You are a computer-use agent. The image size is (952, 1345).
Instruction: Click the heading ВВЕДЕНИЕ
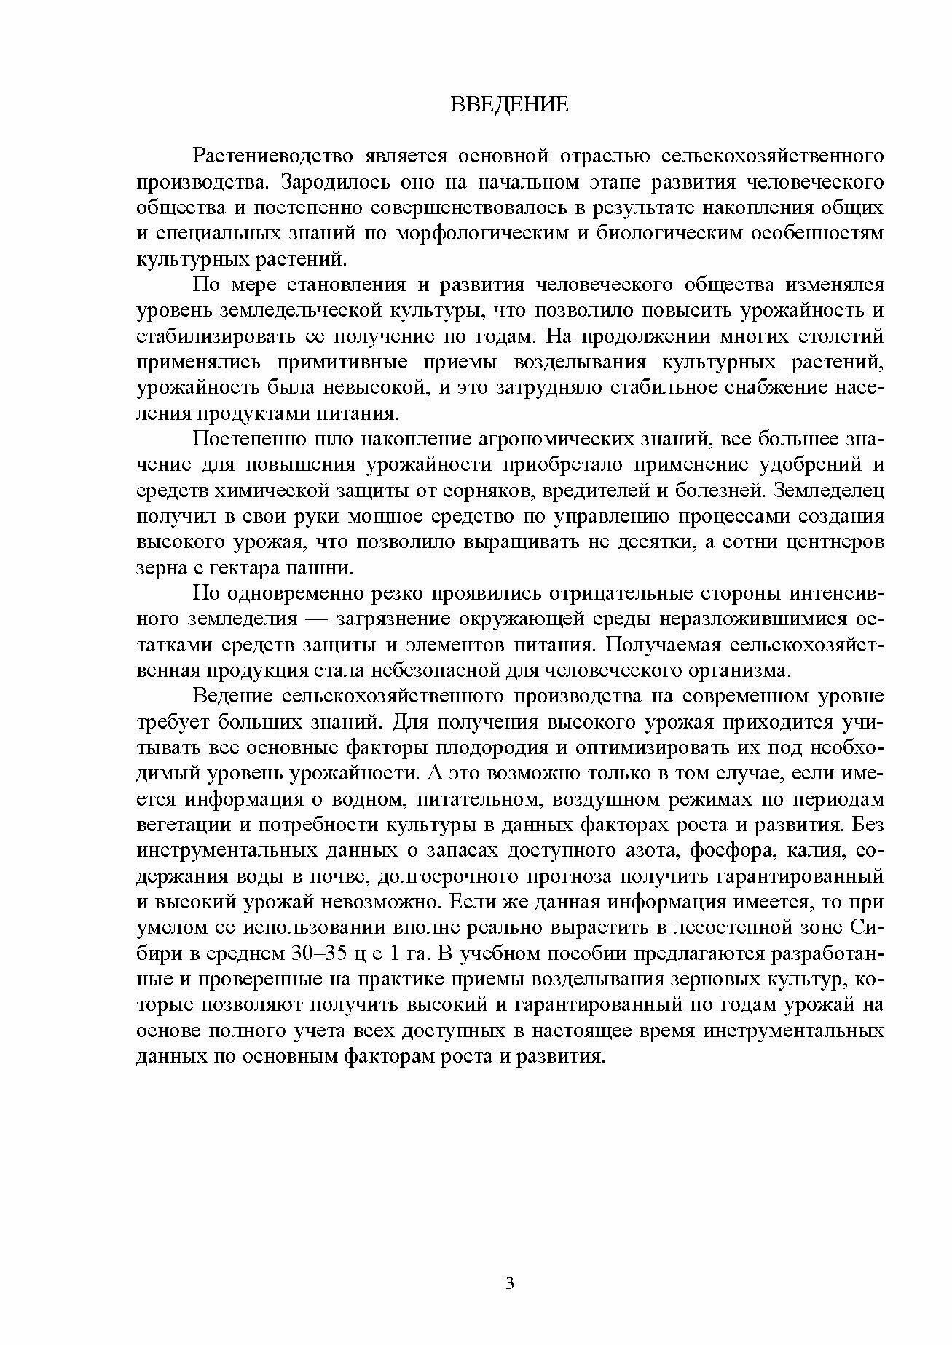click(509, 104)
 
